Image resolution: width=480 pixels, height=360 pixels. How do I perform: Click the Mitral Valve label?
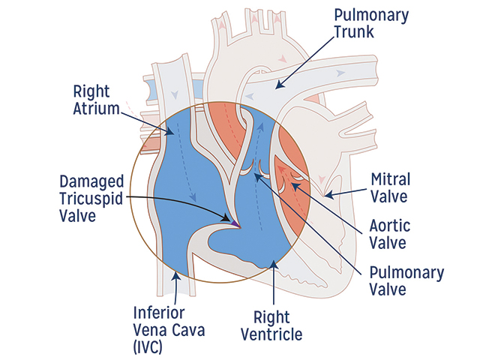point(389,188)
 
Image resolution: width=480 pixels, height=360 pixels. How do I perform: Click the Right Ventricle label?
point(272,323)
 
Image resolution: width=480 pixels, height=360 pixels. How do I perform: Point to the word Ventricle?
point(272,333)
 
